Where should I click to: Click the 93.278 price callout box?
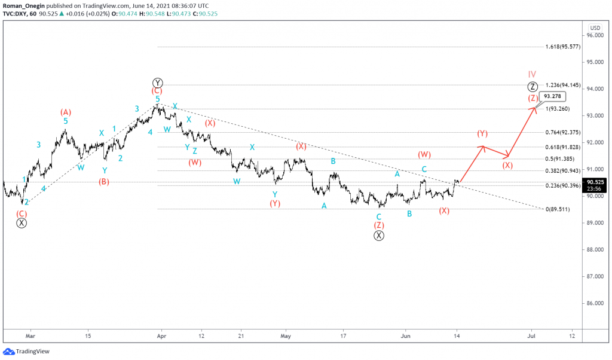coord(552,96)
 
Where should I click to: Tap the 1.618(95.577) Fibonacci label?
coord(563,47)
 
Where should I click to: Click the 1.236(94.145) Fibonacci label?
coord(563,85)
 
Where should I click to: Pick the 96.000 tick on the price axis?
coord(593,36)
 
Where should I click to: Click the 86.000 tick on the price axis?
coord(593,303)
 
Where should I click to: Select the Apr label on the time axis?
coord(160,335)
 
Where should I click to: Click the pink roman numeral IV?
coord(532,74)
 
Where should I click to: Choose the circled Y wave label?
coord(158,83)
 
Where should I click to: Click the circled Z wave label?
coord(533,86)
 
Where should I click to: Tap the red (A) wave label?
coord(66,112)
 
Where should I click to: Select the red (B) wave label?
coord(104,181)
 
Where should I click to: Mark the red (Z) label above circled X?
coord(379,225)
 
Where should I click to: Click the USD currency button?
coord(595,28)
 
